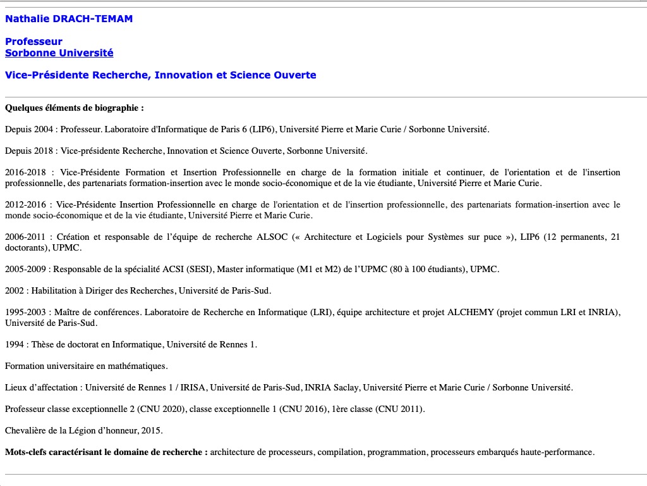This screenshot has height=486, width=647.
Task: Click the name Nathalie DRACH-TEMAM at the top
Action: pyautogui.click(x=69, y=19)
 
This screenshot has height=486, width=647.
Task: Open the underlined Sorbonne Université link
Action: pyautogui.click(x=59, y=53)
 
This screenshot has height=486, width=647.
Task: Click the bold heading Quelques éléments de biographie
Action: pyautogui.click(x=74, y=108)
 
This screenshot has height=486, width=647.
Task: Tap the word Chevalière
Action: pyautogui.click(x=27, y=430)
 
